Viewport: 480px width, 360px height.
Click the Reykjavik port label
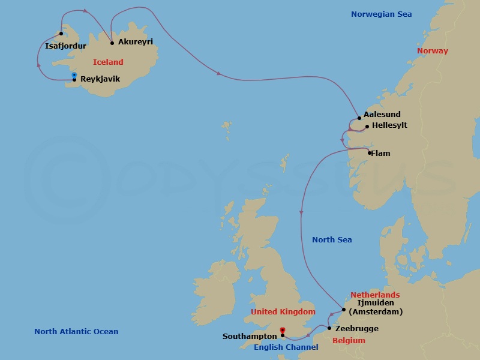coord(100,79)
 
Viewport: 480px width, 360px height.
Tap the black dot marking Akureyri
coord(113,43)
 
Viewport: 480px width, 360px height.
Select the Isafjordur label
coord(65,46)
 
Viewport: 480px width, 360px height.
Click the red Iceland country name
coord(108,62)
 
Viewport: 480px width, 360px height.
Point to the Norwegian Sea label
coord(381,14)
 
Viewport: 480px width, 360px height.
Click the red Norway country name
coord(432,51)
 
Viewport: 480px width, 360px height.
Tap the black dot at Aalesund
coord(359,118)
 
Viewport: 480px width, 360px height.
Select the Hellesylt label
coord(389,126)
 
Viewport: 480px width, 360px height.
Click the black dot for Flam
coord(369,153)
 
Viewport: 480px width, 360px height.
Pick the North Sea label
coord(332,240)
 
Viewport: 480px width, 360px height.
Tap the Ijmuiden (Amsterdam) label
coord(376,307)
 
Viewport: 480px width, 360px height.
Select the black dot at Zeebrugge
coord(329,329)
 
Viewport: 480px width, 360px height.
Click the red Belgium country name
coord(349,341)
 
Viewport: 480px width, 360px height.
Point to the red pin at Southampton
coord(282,330)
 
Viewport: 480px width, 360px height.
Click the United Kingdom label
coord(283,312)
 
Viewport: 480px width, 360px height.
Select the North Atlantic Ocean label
coord(76,331)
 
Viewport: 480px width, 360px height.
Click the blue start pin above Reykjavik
coord(74,75)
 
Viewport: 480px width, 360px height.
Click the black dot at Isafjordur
coord(61,34)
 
